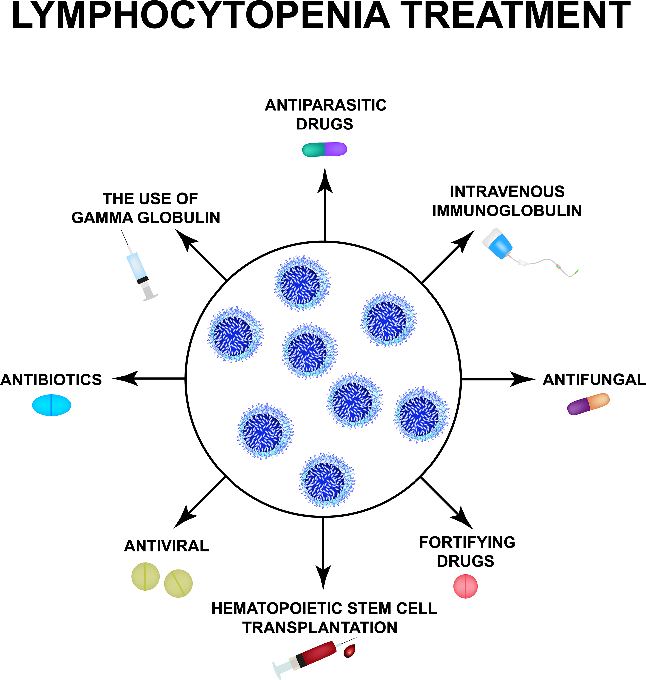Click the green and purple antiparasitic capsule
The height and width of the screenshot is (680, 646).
click(x=324, y=149)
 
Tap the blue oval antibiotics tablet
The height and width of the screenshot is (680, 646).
click(x=52, y=405)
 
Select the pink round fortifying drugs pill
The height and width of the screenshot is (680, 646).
click(x=465, y=586)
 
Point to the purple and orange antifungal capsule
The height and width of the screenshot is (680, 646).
click(x=588, y=403)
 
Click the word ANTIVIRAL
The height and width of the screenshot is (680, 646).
click(x=166, y=546)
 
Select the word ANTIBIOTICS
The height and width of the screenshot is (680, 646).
click(x=51, y=380)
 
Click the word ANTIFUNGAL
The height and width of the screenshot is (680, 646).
click(x=594, y=380)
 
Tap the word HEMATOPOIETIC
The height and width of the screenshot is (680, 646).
click(x=277, y=608)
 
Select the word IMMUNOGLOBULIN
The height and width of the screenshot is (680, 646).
click(x=507, y=211)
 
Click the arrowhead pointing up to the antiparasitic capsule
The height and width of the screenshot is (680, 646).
click(x=325, y=181)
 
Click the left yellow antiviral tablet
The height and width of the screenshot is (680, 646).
click(x=146, y=576)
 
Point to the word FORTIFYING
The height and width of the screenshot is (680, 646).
click(x=467, y=542)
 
